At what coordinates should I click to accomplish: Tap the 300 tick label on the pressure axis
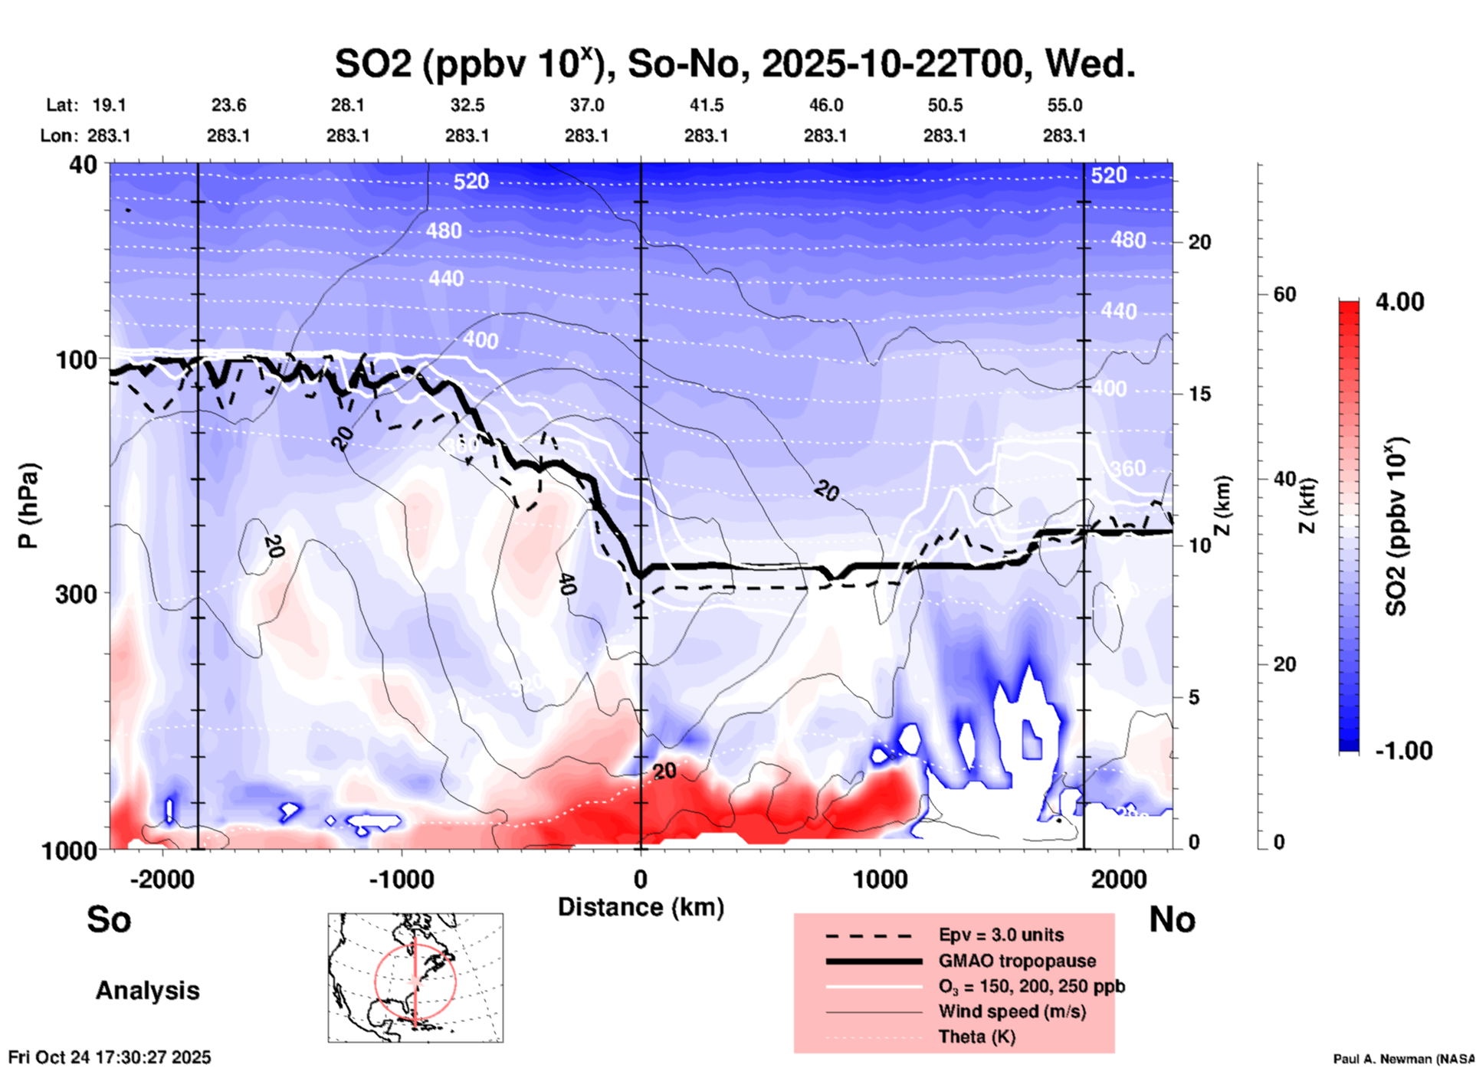click(x=77, y=594)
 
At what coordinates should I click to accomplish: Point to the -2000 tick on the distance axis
click(x=162, y=879)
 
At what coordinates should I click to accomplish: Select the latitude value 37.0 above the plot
click(x=586, y=105)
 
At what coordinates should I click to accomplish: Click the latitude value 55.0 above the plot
click(x=1064, y=105)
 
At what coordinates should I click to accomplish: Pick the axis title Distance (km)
click(x=641, y=907)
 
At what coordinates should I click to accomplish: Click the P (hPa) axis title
click(x=28, y=506)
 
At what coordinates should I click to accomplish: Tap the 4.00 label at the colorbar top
click(x=1399, y=302)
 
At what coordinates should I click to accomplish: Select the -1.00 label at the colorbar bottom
click(x=1402, y=751)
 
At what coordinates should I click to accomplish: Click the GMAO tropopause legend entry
click(x=1017, y=961)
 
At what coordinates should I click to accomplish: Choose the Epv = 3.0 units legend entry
click(x=1001, y=935)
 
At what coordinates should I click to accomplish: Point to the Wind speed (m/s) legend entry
click(x=1012, y=1011)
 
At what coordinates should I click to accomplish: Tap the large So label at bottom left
click(x=109, y=919)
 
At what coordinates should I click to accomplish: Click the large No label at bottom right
click(x=1172, y=919)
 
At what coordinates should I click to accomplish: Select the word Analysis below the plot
click(x=147, y=991)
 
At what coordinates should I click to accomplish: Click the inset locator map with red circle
click(x=415, y=978)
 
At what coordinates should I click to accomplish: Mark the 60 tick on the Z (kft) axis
click(x=1284, y=294)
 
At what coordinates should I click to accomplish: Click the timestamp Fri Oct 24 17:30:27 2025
click(x=110, y=1057)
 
